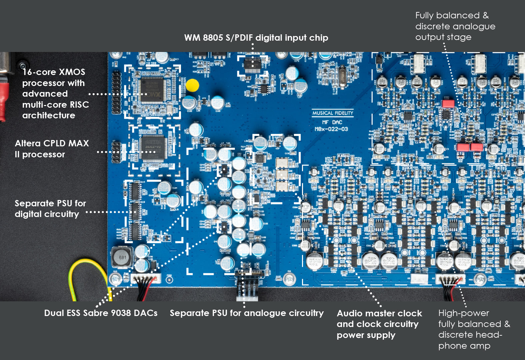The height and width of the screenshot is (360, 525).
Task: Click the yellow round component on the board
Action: coord(192,85)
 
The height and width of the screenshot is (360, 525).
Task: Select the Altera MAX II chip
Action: coord(153,148)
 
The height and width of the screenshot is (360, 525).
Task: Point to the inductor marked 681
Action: coord(122,257)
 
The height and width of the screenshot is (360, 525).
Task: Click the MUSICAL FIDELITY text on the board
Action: coord(332,113)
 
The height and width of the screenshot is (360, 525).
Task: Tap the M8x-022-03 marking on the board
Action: coord(331,129)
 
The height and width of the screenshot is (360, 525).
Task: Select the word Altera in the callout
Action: coord(28,143)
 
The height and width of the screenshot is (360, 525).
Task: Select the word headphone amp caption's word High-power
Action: coord(464,313)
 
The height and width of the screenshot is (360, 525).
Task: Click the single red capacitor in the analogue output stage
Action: coord(448,103)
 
